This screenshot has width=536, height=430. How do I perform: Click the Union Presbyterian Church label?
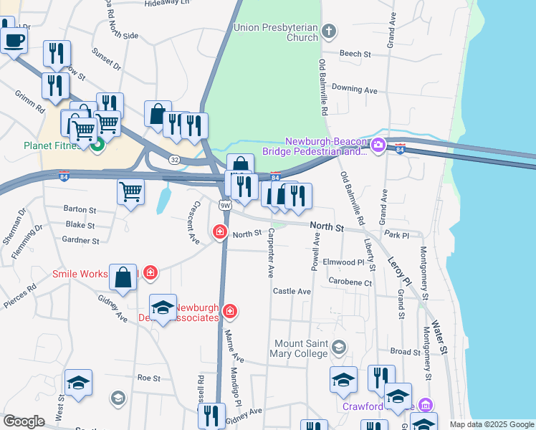275,32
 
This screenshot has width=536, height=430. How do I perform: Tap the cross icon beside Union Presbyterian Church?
329,31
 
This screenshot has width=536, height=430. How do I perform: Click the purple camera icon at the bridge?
378,146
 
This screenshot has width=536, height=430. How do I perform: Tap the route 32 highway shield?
175,161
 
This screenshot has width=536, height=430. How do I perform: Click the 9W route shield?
225,205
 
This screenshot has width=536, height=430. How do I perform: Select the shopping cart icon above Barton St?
130,191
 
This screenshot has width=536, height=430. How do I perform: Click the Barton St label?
80,210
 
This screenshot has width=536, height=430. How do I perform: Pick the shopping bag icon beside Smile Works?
123,277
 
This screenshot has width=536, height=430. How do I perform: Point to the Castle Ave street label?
292,292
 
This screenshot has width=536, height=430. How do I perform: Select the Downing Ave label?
354,90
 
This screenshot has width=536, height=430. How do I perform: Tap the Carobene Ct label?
350,283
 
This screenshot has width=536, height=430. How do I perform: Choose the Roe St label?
148,377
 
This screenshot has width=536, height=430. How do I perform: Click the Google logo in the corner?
24,421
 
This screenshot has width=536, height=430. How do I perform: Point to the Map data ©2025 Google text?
492,424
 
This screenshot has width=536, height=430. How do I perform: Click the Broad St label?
406,352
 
